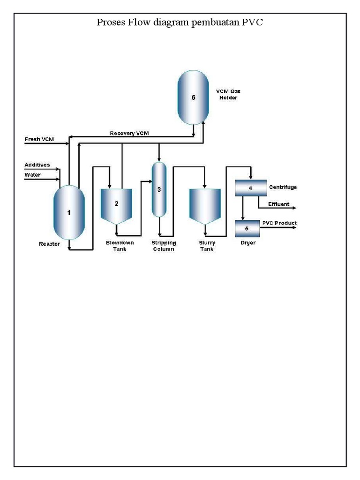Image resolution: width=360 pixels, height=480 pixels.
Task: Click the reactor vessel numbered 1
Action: click(x=69, y=212)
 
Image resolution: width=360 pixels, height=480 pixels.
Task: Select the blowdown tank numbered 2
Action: click(x=117, y=205)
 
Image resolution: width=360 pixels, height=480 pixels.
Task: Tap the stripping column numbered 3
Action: click(x=159, y=189)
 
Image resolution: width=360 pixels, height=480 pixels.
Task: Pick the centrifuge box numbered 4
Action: click(x=250, y=188)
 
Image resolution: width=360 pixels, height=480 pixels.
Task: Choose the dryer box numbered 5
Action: click(x=250, y=228)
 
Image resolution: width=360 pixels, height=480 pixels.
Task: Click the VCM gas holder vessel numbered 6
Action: click(x=193, y=97)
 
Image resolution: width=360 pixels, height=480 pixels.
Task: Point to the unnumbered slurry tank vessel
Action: click(x=205, y=204)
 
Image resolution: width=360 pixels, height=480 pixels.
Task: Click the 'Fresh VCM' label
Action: click(x=39, y=140)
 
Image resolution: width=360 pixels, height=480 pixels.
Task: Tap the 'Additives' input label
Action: click(x=37, y=165)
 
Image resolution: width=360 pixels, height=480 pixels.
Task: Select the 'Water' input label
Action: click(x=32, y=175)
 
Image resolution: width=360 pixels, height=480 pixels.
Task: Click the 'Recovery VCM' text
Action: click(x=129, y=134)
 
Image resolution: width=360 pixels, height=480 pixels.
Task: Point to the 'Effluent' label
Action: click(x=278, y=204)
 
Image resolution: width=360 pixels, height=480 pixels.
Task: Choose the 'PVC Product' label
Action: click(x=279, y=223)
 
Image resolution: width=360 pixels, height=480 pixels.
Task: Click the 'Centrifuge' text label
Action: click(x=283, y=187)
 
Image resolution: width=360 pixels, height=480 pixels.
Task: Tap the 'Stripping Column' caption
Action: click(x=163, y=246)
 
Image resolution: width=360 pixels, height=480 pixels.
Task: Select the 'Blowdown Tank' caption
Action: click(x=119, y=246)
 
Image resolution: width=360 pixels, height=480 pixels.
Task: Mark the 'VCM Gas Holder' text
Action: click(x=228, y=95)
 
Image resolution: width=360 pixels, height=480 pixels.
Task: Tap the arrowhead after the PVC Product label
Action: click(x=295, y=227)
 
